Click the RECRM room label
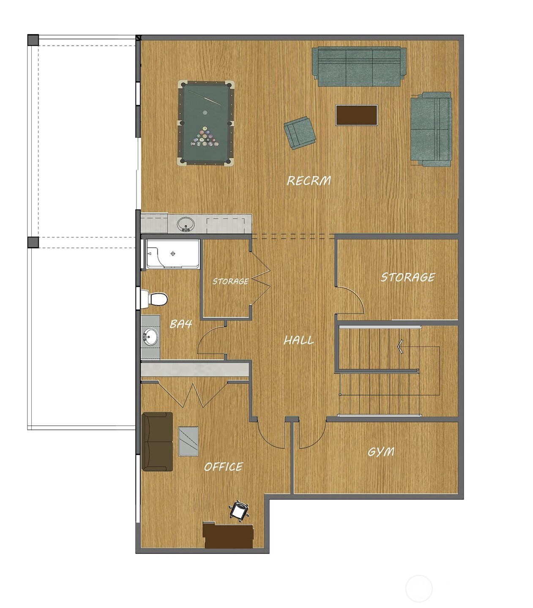coord(309,181)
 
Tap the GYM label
coord(381,452)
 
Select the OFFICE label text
coord(223,466)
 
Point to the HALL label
coord(298,340)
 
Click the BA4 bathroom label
coord(181,324)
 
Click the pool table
coord(205,123)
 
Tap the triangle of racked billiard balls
coord(205,137)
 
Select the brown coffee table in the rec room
coord(356,115)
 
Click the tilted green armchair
coord(300,132)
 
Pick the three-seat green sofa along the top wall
coord(359,67)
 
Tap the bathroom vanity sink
coord(150,337)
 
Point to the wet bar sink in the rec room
coord(186,224)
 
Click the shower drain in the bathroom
coord(172,254)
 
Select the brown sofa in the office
coord(157,442)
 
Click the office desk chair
coord(239,510)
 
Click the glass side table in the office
coord(189,441)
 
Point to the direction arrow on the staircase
coord(400,346)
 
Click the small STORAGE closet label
coord(230,281)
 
